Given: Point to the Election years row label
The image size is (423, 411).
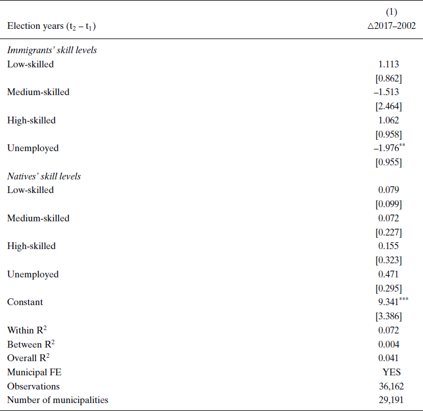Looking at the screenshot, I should tap(54, 26).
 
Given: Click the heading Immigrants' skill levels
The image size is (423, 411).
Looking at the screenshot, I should tap(52, 50).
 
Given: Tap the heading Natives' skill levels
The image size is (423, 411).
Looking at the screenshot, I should tap(44, 176).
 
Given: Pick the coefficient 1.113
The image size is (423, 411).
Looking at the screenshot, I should tap(388, 65).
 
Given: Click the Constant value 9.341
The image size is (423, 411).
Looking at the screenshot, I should tap(387, 302).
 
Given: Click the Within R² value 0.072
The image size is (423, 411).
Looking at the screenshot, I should tap(388, 330).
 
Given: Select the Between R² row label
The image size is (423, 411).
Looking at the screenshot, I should tap(31, 344).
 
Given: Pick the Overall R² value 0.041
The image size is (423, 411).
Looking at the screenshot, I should tap(388, 358).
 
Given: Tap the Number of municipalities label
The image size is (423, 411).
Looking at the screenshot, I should tap(57, 400).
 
